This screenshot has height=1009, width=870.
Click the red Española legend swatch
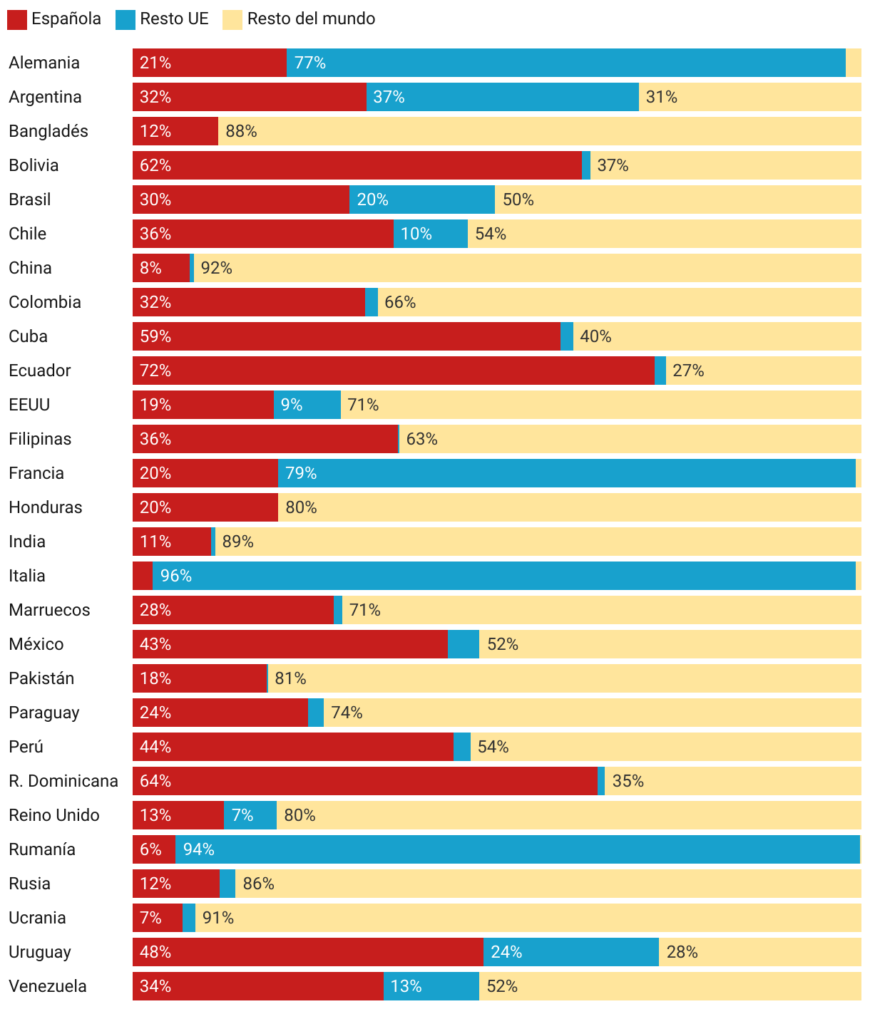click(17, 19)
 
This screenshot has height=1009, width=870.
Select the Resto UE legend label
click(174, 19)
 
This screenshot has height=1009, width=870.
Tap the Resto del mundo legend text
click(311, 19)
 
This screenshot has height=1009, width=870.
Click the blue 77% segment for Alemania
click(565, 63)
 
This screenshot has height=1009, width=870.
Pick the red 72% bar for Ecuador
click(393, 371)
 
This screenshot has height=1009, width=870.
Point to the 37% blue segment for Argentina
click(502, 97)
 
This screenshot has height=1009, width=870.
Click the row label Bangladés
click(48, 131)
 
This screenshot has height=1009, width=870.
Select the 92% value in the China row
click(217, 268)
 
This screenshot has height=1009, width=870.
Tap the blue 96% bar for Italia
click(503, 576)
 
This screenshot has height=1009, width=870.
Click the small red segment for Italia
click(143, 576)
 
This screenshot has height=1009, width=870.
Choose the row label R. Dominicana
click(63, 781)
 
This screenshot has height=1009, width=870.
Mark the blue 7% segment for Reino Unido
click(250, 815)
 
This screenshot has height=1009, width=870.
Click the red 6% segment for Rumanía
click(154, 849)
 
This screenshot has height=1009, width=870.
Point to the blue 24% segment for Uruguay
click(570, 952)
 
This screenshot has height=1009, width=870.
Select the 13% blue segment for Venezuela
click(431, 986)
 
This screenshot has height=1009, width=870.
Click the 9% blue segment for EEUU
click(307, 405)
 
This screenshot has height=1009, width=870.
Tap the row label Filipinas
click(40, 439)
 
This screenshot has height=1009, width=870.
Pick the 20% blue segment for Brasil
click(421, 200)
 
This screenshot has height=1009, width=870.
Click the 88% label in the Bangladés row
click(241, 131)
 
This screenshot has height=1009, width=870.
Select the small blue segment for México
click(464, 644)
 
